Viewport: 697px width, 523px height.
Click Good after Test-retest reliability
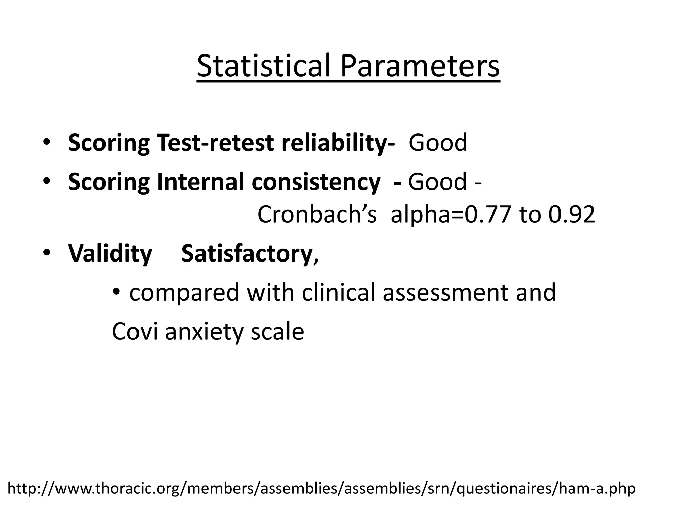coord(438,143)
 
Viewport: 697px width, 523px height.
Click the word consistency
coord(316,182)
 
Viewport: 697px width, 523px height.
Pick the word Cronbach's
coord(317,215)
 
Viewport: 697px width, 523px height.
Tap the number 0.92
coord(571,215)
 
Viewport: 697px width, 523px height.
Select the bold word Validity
coord(110,254)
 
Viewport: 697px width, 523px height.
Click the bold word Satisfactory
coord(247,254)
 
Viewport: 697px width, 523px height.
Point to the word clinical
coord(338,292)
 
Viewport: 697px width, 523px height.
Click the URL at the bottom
coord(321,488)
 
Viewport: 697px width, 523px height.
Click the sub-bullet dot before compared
coord(117,292)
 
